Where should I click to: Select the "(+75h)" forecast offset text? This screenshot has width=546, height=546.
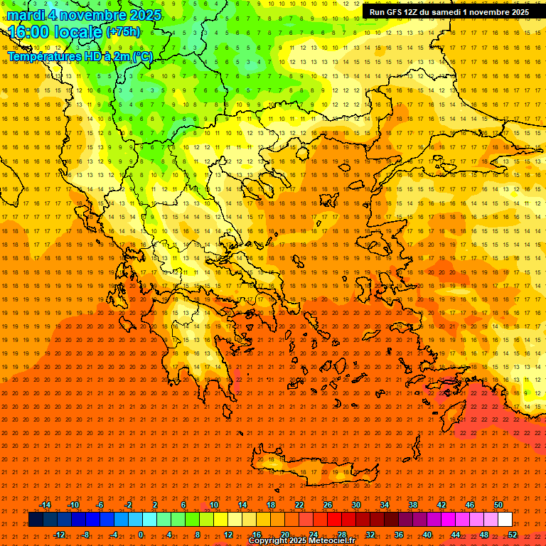[123, 32]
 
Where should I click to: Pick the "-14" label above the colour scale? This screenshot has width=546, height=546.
[45, 505]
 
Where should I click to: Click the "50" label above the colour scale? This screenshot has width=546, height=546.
[498, 505]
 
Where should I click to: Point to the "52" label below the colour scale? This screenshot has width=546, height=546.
[513, 534]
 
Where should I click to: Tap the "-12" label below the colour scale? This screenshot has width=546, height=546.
[59, 534]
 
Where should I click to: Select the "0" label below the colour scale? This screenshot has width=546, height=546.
[141, 534]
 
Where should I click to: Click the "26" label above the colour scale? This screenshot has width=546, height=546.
[328, 505]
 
